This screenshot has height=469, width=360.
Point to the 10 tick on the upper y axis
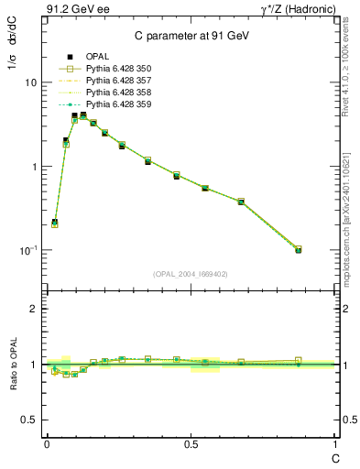(x=30, y=82)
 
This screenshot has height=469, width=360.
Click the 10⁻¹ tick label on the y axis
(x=27, y=250)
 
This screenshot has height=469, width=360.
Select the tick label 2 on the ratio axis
(x=33, y=309)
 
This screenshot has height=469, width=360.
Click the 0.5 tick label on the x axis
(x=191, y=443)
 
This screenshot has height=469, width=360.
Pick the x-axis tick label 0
(x=47, y=443)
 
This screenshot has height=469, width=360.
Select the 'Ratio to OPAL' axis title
(x=12, y=364)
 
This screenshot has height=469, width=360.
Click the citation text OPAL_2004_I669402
(x=190, y=273)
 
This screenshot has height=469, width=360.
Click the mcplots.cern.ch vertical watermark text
(x=347, y=220)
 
